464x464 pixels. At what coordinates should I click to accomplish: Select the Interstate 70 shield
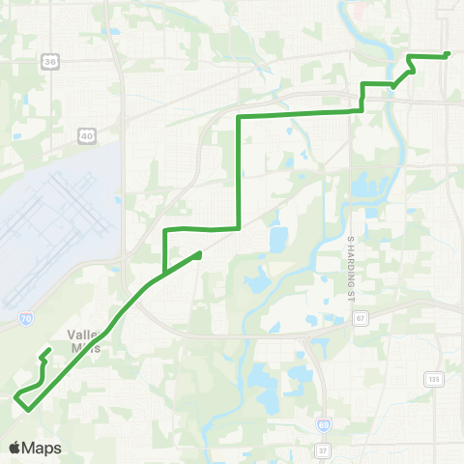click(x=26, y=315)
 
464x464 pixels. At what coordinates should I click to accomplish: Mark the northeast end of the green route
click(x=448, y=54)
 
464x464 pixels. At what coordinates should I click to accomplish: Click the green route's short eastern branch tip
click(x=199, y=254)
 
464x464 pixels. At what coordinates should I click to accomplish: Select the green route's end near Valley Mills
click(x=48, y=351)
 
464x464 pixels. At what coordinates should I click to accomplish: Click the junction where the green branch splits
click(x=166, y=271)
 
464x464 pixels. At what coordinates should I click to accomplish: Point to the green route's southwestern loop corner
click(x=15, y=395)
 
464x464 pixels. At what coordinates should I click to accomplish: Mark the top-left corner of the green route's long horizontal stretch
click(x=239, y=117)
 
